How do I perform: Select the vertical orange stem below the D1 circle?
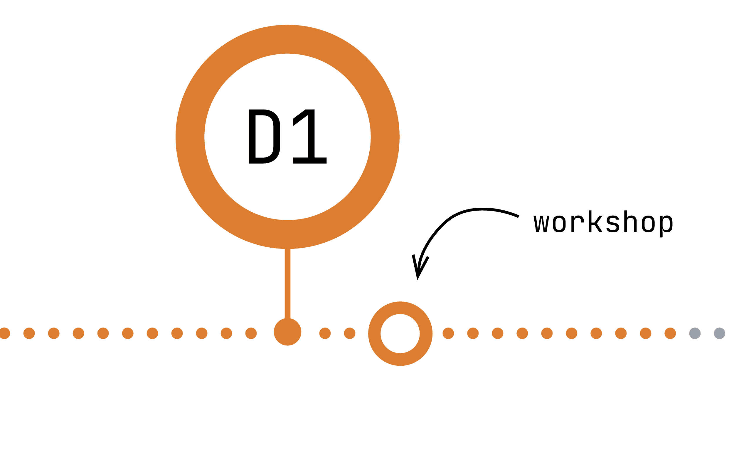pos(287,284)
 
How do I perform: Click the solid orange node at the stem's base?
pos(287,332)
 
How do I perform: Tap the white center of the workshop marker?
pos(400,333)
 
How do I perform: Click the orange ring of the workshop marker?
pos(374,333)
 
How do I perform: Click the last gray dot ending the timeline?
pos(719,333)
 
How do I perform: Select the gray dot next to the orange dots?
pos(695,333)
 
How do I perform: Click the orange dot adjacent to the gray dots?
pos(670,333)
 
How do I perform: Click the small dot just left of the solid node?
pos(251,333)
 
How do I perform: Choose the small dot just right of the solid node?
pos(325,333)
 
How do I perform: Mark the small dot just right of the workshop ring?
pos(448,333)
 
